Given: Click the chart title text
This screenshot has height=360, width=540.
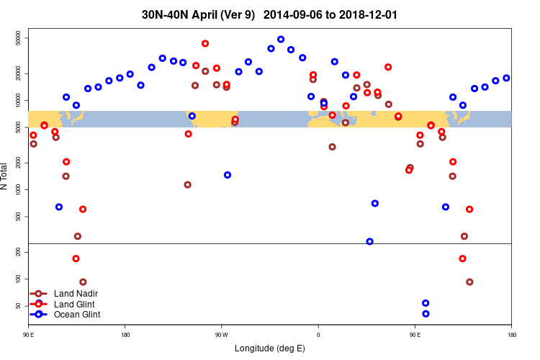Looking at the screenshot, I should click(269, 14).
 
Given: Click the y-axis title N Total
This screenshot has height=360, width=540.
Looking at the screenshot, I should click(4, 176).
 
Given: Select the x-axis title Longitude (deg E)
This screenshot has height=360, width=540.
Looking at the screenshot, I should click(270, 348).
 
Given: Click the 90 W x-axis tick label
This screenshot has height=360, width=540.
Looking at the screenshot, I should click(221, 335).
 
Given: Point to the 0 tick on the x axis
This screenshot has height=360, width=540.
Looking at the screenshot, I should click(318, 335).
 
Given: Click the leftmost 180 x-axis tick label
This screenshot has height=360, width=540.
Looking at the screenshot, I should click(125, 335).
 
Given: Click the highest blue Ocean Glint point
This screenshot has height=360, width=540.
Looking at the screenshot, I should click(281, 40).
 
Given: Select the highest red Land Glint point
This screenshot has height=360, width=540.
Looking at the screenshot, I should click(205, 43).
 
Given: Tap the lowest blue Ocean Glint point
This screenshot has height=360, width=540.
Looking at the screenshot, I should click(426, 314).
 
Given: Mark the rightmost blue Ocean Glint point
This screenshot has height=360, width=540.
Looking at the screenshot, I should click(506, 78).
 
